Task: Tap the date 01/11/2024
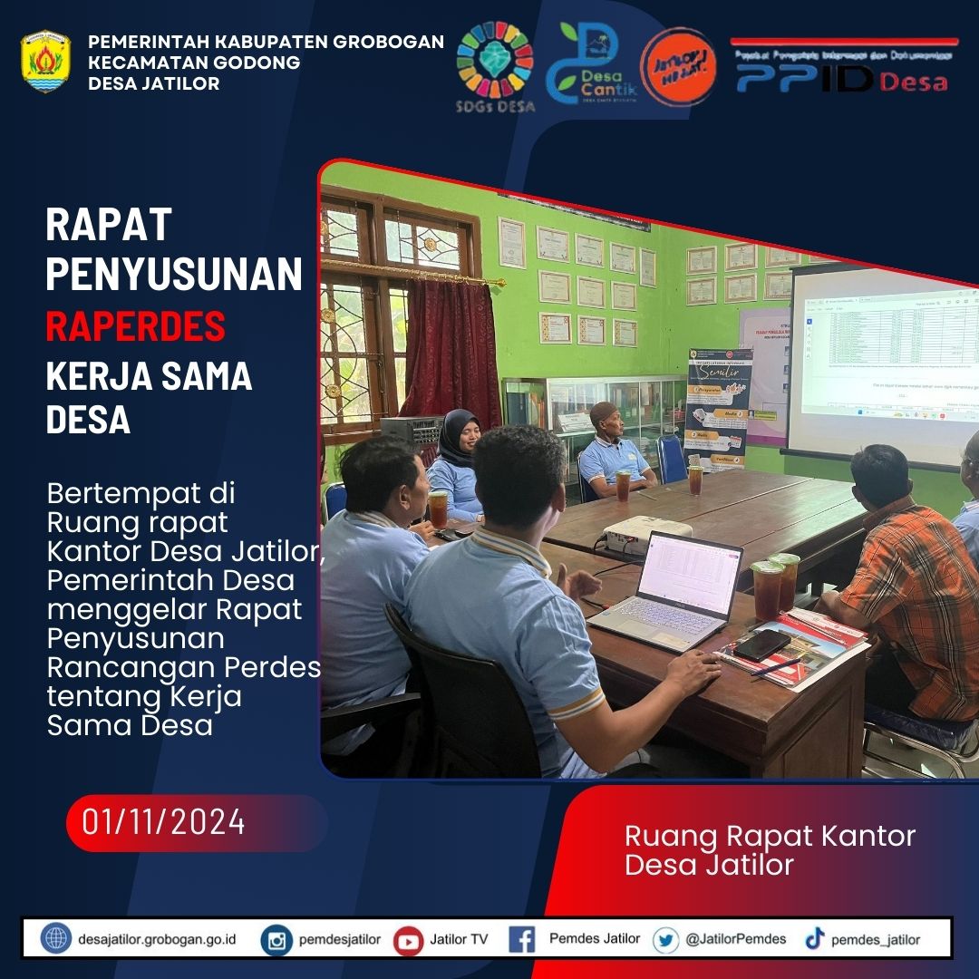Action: point(164,822)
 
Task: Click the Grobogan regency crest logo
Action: point(45,63)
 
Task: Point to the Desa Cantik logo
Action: point(591,64)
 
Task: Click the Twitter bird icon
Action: point(665,940)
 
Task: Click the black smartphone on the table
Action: point(761,644)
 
